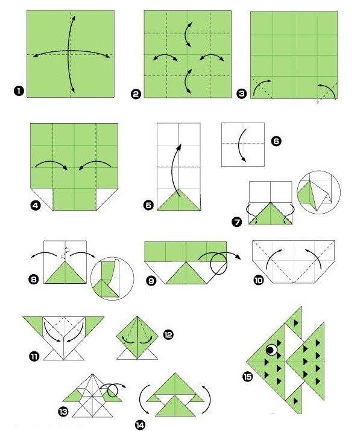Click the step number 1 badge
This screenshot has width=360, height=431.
pos(17,91)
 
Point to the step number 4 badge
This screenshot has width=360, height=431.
pos(36,206)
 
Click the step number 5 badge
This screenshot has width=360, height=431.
pos(148,205)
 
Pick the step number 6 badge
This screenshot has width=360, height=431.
pos(276,141)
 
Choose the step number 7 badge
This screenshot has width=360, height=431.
pos(238,222)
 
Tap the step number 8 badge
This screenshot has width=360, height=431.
pos(34,279)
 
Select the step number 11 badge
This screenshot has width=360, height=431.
pos(34,356)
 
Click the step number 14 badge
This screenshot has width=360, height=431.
pos(140,425)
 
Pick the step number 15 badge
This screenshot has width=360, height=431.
pos(247,377)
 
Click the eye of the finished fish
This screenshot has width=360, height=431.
pos(272,350)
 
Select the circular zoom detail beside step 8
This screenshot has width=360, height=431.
pos(111,279)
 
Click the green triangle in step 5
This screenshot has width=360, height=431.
pos(178,200)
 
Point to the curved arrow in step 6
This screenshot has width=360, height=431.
pos(241,144)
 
